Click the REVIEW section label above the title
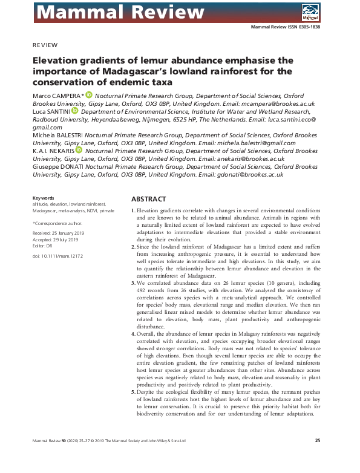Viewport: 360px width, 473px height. pos(45,45)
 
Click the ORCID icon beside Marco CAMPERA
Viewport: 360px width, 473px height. pos(89,95)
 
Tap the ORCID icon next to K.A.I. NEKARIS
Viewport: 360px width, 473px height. pos(79,150)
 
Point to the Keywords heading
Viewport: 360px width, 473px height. pos(43,198)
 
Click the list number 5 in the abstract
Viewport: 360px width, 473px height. pos(133,392)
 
